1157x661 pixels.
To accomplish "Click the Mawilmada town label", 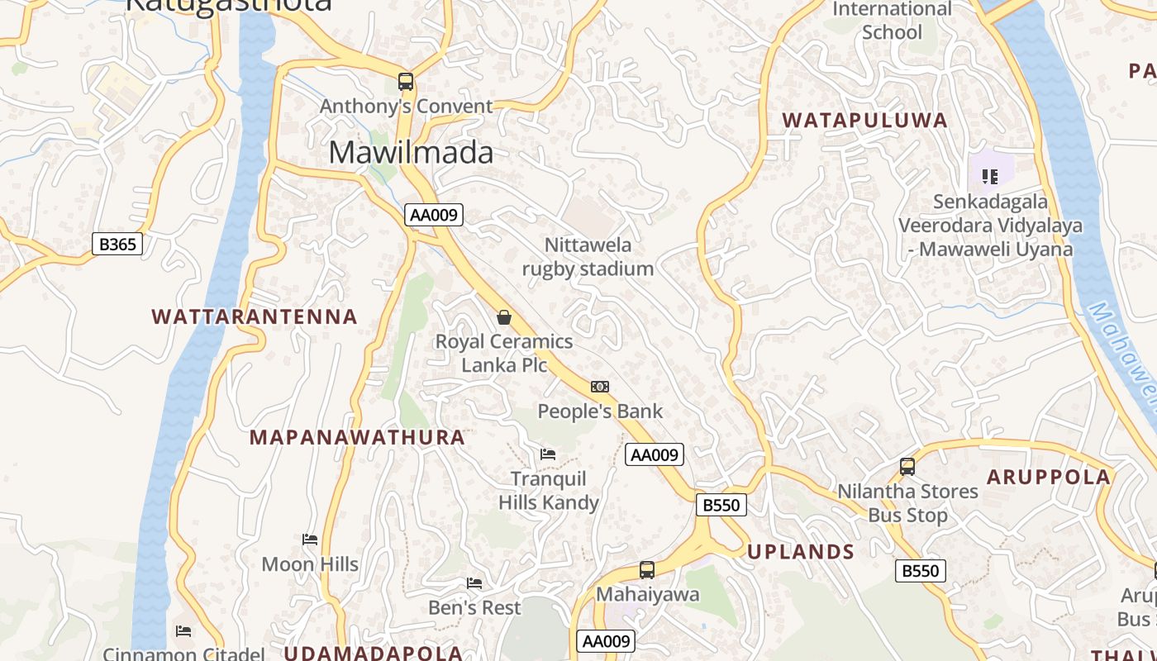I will pyautogui.click(x=411, y=153).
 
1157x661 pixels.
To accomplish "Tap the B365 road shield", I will pyautogui.click(x=117, y=244).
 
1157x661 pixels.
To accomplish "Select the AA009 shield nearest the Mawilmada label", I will pyautogui.click(x=435, y=215).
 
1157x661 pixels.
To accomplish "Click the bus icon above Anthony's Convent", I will pyautogui.click(x=405, y=82).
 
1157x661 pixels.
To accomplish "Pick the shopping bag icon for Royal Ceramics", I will pyautogui.click(x=503, y=317).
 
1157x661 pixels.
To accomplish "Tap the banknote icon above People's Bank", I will pyautogui.click(x=600, y=387).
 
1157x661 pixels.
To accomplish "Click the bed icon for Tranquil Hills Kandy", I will pyautogui.click(x=547, y=454).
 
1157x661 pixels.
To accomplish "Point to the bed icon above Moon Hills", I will pyautogui.click(x=310, y=540).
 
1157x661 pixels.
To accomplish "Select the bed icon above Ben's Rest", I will pyautogui.click(x=474, y=583).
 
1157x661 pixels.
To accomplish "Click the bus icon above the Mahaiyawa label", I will pyautogui.click(x=647, y=570).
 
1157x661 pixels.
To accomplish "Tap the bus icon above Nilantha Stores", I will pyautogui.click(x=907, y=467).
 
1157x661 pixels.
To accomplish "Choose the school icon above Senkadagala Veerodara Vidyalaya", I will pyautogui.click(x=989, y=176).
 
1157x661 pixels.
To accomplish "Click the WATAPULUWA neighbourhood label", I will pyautogui.click(x=864, y=121).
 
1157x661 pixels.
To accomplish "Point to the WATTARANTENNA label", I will pyautogui.click(x=255, y=316).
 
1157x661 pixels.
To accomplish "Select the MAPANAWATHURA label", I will pyautogui.click(x=357, y=437).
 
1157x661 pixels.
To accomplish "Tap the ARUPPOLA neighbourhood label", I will pyautogui.click(x=1049, y=477).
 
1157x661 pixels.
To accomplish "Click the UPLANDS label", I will pyautogui.click(x=801, y=552).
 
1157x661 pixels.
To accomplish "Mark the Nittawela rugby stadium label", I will pyautogui.click(x=588, y=257).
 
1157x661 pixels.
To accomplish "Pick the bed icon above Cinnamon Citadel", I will pyautogui.click(x=183, y=632).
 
